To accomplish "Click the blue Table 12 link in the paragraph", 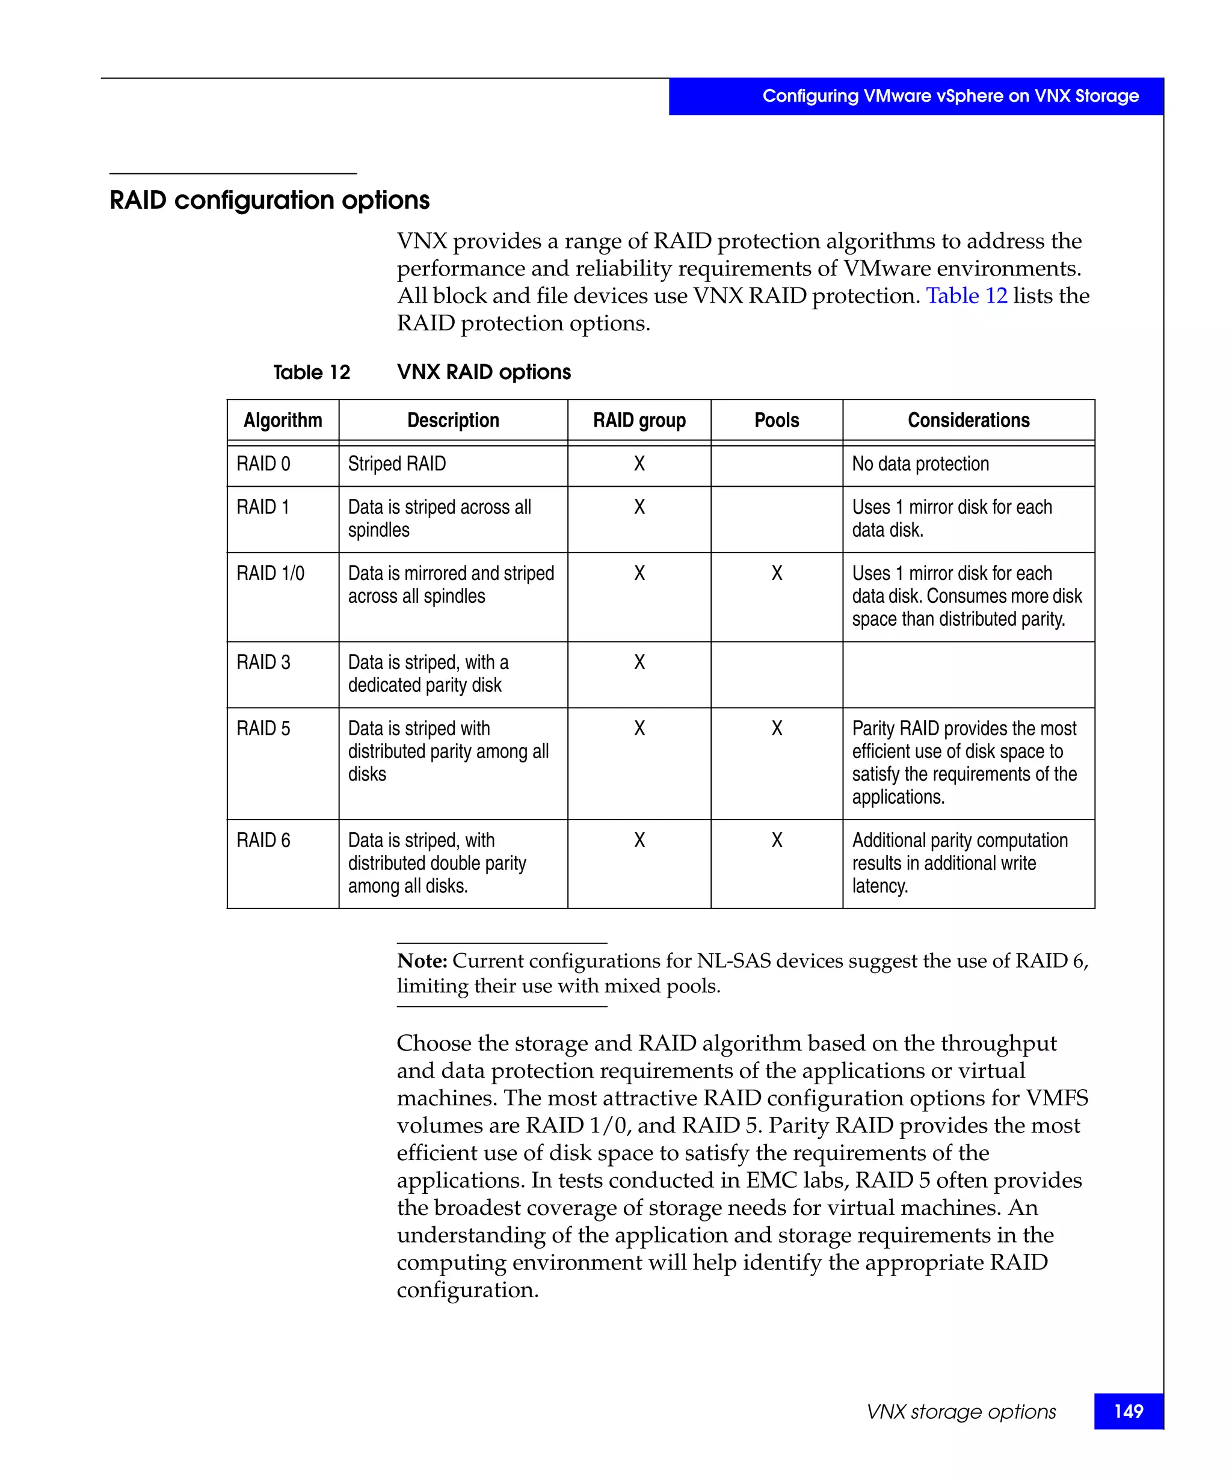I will point(966,296).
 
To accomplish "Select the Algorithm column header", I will point(282,421).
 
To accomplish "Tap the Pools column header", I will point(776,421).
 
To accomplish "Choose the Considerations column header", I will point(968,421).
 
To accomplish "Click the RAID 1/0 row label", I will point(270,573).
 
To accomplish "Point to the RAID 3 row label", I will point(263,662).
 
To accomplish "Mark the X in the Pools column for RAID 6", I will point(777,840).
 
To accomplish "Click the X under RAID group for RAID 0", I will point(638,464).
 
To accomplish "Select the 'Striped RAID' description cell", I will point(397,464).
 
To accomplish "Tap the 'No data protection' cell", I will point(920,464).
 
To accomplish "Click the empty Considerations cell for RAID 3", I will point(968,674).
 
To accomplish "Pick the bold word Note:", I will point(422,961).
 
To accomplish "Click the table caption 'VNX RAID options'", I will point(484,372).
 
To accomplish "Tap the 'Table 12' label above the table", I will point(311,372).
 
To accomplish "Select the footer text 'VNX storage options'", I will point(961,1412).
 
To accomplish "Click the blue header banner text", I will point(950,96).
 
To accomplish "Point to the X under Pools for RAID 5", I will point(777,728).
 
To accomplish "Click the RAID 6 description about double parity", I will point(437,863).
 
